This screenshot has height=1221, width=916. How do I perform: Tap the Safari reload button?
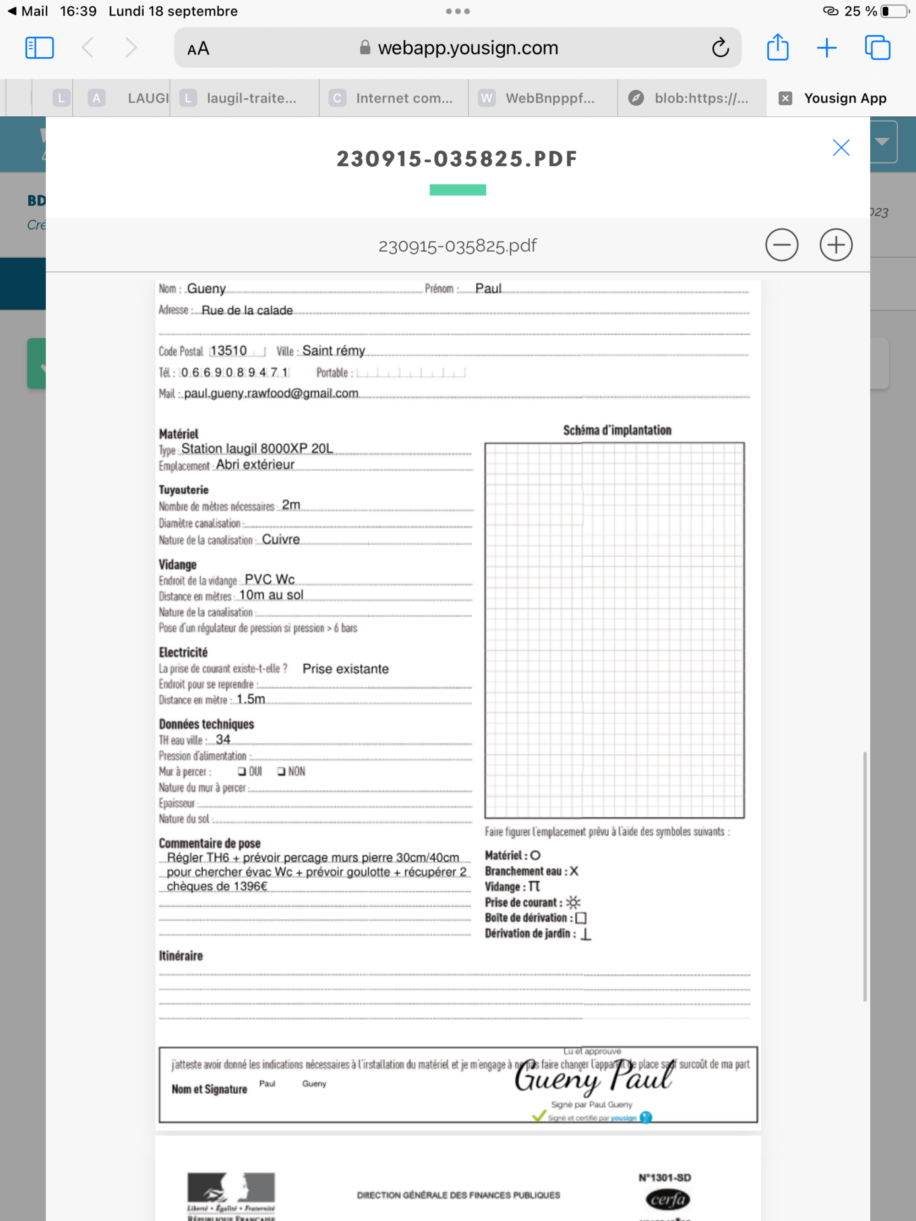pyautogui.click(x=720, y=48)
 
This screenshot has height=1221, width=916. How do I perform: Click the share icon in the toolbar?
pyautogui.click(x=777, y=48)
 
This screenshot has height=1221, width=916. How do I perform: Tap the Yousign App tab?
pyautogui.click(x=844, y=98)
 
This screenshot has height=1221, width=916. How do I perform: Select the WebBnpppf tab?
pyautogui.click(x=550, y=98)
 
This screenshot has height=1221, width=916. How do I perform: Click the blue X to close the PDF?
pyautogui.click(x=840, y=147)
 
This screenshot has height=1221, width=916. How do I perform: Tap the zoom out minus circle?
pyautogui.click(x=781, y=244)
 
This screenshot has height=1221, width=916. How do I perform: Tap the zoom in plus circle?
pyautogui.click(x=835, y=244)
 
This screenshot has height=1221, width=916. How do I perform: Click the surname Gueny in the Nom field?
pyautogui.click(x=206, y=289)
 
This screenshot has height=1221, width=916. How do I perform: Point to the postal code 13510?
pyautogui.click(x=228, y=351)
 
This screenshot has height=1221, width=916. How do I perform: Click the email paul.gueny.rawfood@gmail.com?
pyautogui.click(x=271, y=393)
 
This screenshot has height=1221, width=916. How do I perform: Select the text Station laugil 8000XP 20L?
pyautogui.click(x=257, y=448)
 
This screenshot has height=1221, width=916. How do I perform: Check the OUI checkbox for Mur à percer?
pyautogui.click(x=242, y=771)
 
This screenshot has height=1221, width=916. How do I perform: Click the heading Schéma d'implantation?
pyautogui.click(x=617, y=430)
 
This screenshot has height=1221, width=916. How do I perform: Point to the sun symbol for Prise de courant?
pyautogui.click(x=573, y=902)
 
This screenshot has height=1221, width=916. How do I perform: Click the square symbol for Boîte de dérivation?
pyautogui.click(x=580, y=918)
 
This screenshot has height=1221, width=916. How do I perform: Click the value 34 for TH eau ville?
pyautogui.click(x=223, y=739)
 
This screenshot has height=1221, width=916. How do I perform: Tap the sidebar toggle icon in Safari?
pyautogui.click(x=39, y=48)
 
